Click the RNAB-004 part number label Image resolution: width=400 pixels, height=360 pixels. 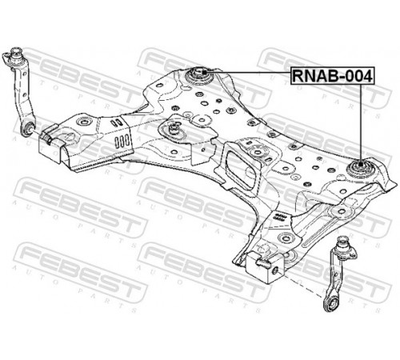point(333,76)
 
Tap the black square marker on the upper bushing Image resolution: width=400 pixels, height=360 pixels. point(204,72)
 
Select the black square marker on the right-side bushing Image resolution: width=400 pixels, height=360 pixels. point(360,164)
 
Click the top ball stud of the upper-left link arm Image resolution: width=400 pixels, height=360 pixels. point(16,53)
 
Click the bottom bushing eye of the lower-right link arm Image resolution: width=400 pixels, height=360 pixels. point(331,304)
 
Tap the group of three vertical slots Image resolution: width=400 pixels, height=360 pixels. point(122,142)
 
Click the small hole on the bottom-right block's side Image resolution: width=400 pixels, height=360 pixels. point(275,271)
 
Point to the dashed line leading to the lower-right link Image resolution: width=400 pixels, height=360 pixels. point(302,286)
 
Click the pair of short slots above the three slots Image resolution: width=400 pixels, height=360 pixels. point(117,122)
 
